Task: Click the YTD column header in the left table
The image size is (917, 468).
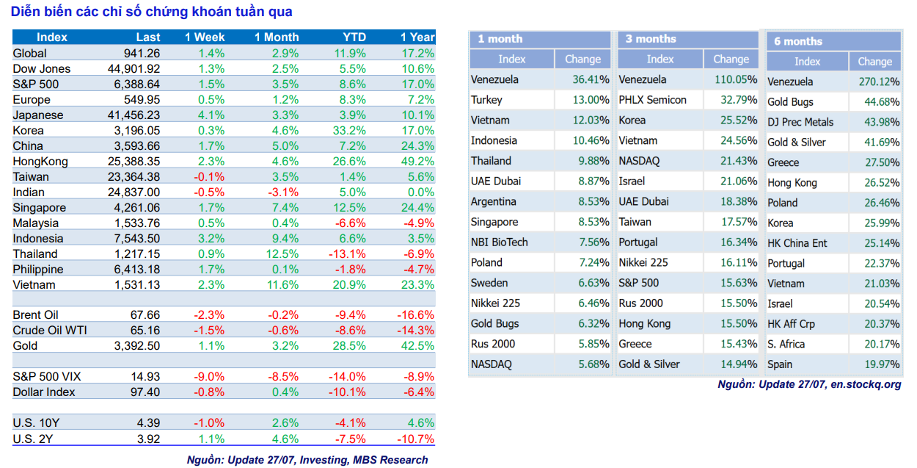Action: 354,37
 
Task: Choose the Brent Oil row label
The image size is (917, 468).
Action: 35,315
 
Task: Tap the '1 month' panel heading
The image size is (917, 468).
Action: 500,39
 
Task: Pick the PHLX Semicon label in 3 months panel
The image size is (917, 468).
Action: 653,100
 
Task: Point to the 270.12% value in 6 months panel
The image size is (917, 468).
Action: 879,82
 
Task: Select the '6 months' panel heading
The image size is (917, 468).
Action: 798,41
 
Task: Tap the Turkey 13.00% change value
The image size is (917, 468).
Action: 591,100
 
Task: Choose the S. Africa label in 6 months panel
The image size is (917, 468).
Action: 786,344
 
